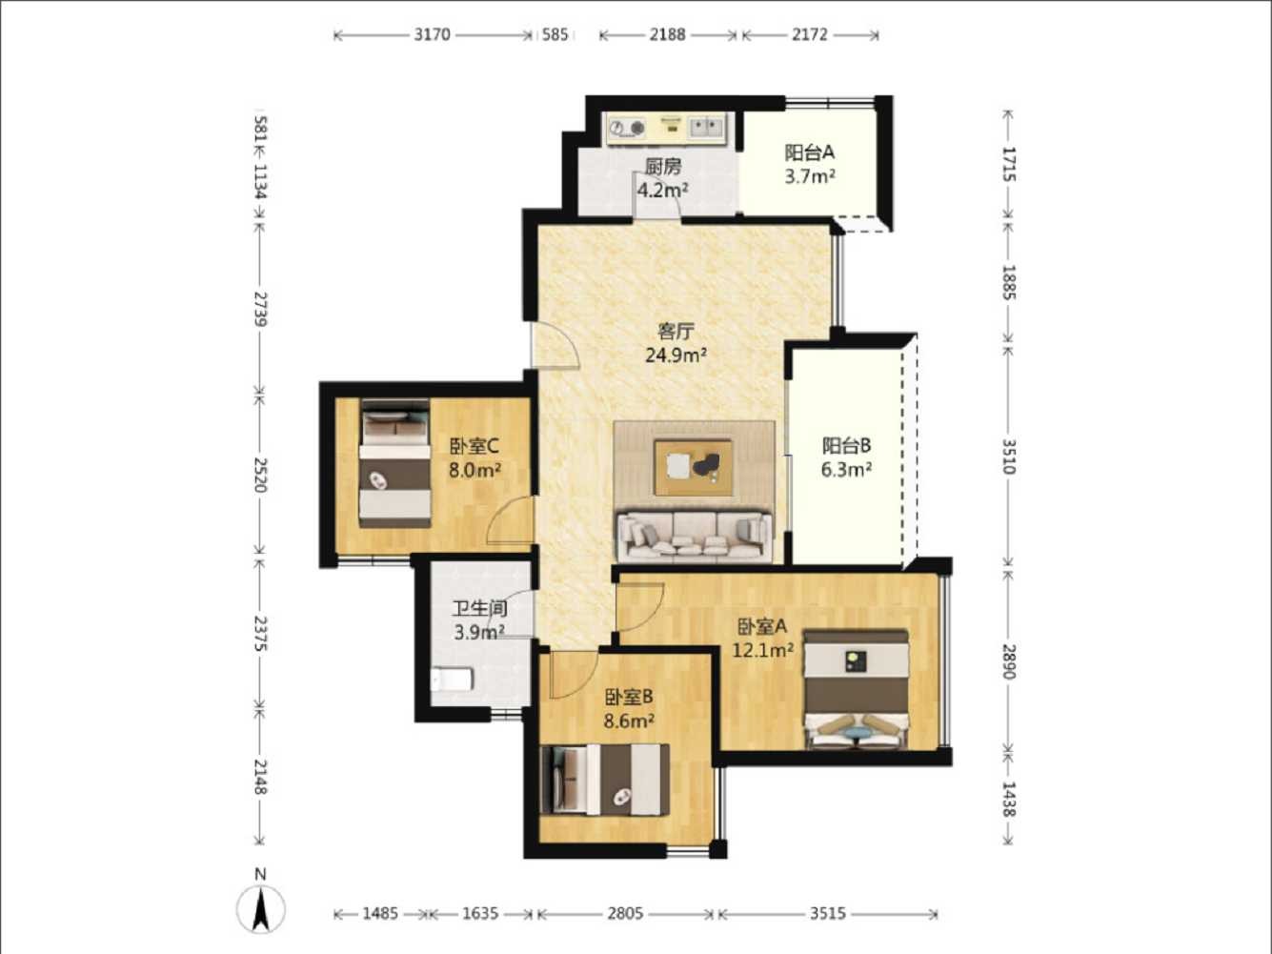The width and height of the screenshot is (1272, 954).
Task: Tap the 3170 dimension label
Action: click(432, 34)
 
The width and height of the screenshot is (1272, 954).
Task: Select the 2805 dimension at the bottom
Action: click(625, 913)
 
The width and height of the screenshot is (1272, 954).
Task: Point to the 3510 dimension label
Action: click(1009, 457)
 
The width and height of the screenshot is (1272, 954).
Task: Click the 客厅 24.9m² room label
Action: click(676, 343)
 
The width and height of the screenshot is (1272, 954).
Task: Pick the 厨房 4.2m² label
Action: click(663, 178)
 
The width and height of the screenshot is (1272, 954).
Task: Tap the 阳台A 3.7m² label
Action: click(810, 164)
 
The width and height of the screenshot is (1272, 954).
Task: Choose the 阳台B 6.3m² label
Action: click(847, 457)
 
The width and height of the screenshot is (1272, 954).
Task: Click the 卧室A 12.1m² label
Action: click(762, 639)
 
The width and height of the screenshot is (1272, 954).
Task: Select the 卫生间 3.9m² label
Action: click(480, 620)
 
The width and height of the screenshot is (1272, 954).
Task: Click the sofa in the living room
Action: click(695, 537)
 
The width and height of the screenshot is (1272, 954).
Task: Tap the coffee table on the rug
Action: click(693, 468)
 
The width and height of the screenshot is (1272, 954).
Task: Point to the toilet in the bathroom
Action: click(453, 680)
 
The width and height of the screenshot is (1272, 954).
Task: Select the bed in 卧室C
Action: click(395, 464)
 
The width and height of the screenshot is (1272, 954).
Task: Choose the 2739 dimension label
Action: click(261, 309)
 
